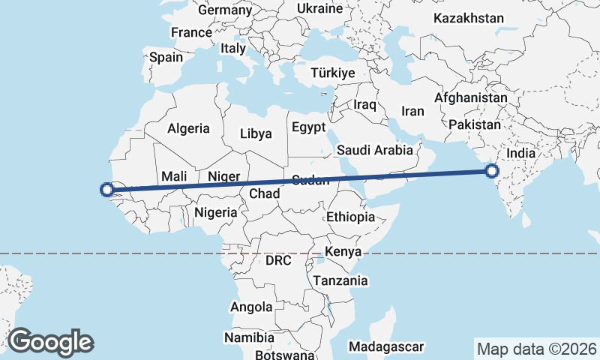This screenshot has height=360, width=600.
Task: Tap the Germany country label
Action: pos(225,10)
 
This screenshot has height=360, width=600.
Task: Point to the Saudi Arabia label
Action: pos(375,150)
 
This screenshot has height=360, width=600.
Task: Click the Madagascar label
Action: pos(386,346)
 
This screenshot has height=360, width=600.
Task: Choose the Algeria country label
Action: pos(188,128)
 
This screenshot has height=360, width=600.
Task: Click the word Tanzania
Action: pos(341,280)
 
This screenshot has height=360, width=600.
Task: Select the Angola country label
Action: pos(251,307)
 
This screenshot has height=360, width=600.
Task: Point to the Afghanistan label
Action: pos(470,98)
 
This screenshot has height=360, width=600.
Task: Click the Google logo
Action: pos(50,342)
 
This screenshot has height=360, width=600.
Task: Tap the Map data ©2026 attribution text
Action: pos(536,349)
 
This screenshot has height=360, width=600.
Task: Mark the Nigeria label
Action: pos(216,212)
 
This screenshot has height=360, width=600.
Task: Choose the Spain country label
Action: pos(166,57)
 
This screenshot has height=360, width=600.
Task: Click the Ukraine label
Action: pos(319,9)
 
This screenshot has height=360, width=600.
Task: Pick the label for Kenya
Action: pos(343,251)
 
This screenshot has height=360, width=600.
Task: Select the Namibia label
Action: pos(249,337)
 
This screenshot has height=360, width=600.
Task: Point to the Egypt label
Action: pos(309,126)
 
